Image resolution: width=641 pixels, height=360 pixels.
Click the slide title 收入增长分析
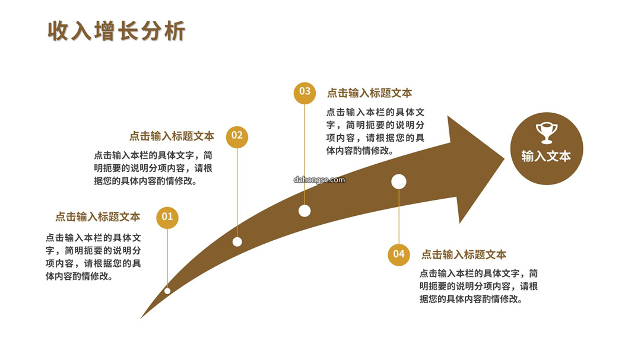pos(116,31)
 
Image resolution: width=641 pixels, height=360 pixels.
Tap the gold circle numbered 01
pos(167,217)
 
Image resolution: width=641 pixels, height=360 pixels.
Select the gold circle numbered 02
pos(237,136)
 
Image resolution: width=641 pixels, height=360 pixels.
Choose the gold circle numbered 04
pos(399,254)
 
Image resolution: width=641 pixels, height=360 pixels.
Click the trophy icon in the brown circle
pos(547,133)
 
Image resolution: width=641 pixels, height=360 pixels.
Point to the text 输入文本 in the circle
pos(546,156)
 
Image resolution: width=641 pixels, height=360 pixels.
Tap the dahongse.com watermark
pos(319,180)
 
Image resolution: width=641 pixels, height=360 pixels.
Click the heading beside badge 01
pos(98,217)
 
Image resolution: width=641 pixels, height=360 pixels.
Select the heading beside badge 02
pos(172,136)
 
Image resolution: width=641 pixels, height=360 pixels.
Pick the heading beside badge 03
pos(370,93)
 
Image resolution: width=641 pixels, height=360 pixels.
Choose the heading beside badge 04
pos(464,255)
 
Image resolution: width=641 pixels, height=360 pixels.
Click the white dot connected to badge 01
pos(167,291)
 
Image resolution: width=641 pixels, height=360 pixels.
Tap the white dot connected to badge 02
pos(237,242)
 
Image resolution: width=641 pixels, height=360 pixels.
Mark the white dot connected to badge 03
pos(304,211)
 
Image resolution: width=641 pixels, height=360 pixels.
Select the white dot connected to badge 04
pos(399,182)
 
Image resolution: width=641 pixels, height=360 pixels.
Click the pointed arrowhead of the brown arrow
pos(504,158)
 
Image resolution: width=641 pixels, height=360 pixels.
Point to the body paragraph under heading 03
pos(375,131)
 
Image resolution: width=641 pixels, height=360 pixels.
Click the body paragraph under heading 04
pos(479,286)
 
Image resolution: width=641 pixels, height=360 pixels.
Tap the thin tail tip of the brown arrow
pos(141,317)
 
